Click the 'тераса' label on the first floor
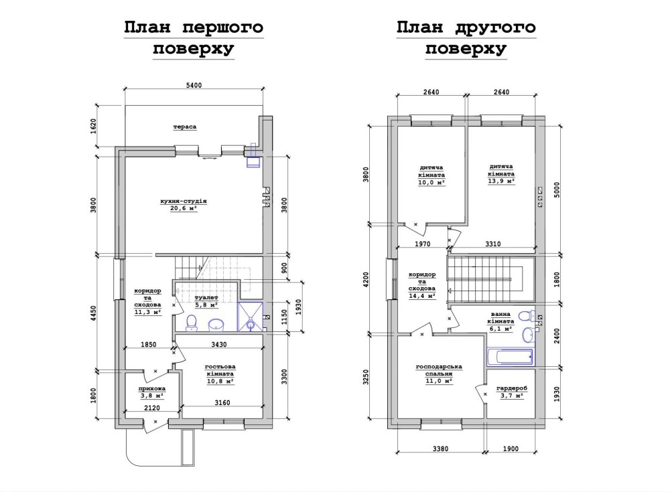tap(185, 127)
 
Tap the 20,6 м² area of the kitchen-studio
tap(184, 208)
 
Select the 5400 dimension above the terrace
tap(194, 86)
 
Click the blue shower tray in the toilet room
tap(251, 317)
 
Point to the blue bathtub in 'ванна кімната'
tap(510, 355)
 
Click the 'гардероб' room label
tap(512, 389)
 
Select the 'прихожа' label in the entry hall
tap(151, 389)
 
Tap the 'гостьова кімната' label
tap(220, 370)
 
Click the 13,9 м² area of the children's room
tap(501, 181)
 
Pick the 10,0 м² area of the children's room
tap(431, 182)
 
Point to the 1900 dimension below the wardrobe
tap(511, 448)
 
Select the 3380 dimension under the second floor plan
tap(441, 448)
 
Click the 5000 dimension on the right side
tap(556, 190)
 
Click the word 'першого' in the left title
tap(222, 27)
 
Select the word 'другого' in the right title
tap(495, 27)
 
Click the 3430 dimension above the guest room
tap(219, 344)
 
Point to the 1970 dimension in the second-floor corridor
tap(423, 244)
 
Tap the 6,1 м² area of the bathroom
tap(500, 329)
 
